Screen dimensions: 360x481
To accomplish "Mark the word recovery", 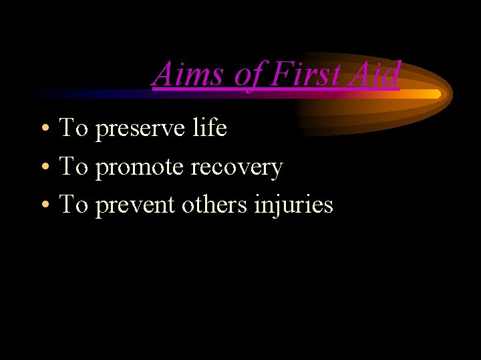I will tap(237, 167).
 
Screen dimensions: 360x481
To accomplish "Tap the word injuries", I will tap(293, 205).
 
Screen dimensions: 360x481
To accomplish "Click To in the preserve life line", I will tap(73, 127).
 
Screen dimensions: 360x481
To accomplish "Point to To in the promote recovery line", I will tap(73, 166).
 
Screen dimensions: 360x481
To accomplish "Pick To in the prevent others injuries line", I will tap(73, 205).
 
